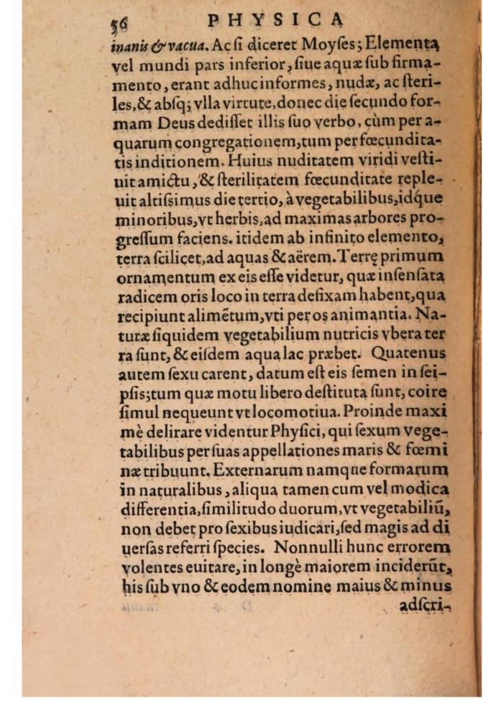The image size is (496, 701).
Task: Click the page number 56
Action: [118, 24]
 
